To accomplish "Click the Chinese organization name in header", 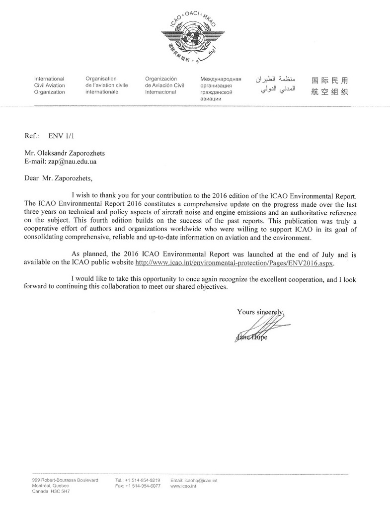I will [x=329, y=85].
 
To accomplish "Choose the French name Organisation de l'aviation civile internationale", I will [x=106, y=85].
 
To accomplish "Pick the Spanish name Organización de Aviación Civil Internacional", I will [x=164, y=85].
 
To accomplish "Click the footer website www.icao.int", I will [x=183, y=486].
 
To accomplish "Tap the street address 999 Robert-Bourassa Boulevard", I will [x=65, y=480].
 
